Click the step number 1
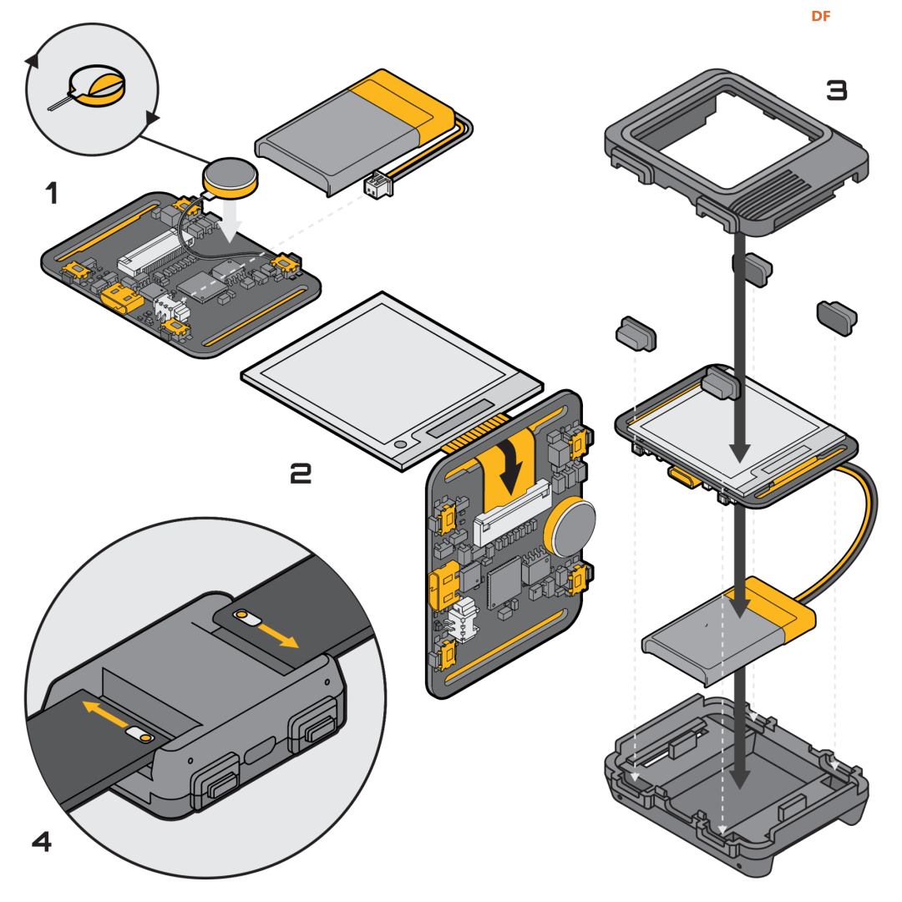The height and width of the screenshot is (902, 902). pos(52,194)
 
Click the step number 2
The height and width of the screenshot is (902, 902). pos(301,474)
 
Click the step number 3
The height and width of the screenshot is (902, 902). pos(836,90)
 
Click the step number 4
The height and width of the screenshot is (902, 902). pos(42,841)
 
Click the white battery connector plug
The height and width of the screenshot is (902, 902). pos(378,185)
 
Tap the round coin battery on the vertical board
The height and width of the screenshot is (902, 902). pos(571,527)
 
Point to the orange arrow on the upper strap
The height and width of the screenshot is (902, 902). pos(277,631)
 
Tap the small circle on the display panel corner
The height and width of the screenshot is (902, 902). pos(402,443)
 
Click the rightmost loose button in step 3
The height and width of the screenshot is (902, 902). pos(838,317)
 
